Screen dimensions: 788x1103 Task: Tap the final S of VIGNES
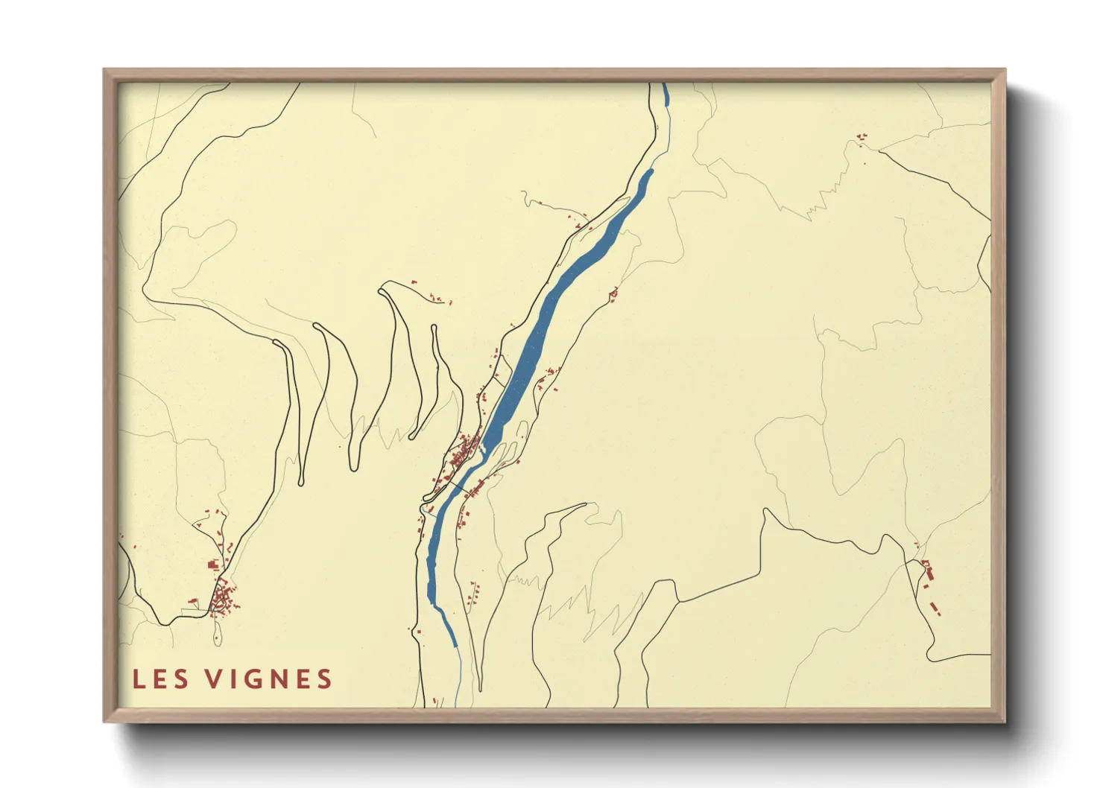click(x=323, y=679)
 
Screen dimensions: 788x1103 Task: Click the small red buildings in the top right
click(x=862, y=138)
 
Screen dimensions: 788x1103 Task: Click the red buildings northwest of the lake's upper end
click(x=578, y=220)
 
